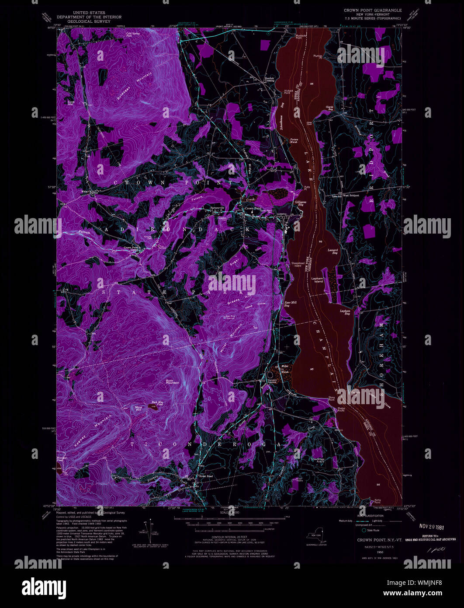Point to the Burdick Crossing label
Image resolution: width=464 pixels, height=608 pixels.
pyautogui.click(x=269, y=80)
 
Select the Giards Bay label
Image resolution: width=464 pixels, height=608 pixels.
pyautogui.click(x=330, y=108)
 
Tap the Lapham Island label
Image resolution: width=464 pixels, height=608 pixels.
pyautogui.click(x=317, y=280)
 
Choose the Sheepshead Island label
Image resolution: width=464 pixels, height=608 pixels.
pyautogui.click(x=297, y=264)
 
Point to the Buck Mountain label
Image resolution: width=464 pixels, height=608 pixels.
pyautogui.click(x=173, y=381)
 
